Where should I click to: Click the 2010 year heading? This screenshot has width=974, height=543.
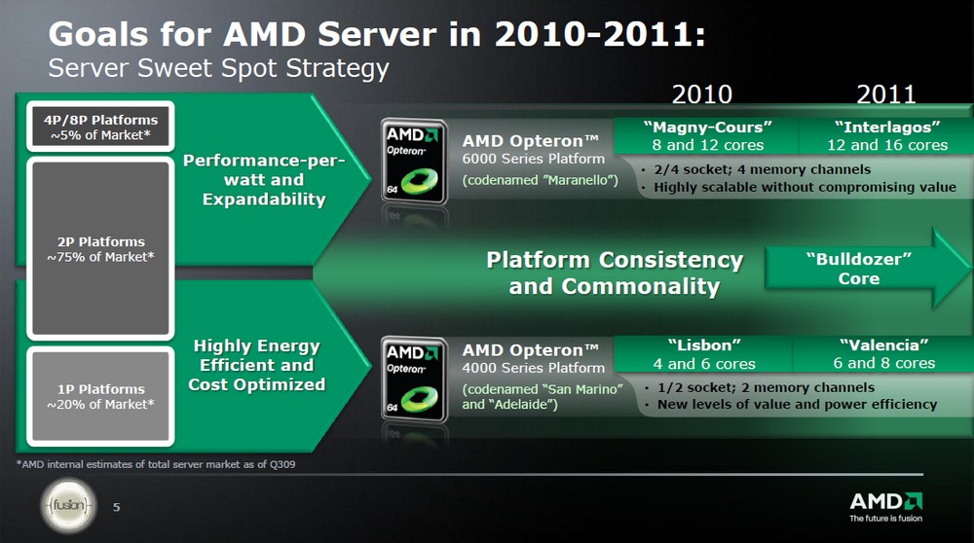coord(702,94)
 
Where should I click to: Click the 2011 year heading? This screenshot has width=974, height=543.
coord(885,94)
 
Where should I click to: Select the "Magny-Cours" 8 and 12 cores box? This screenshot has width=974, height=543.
coord(707,136)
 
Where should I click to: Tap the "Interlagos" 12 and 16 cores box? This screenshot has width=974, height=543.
coord(887,136)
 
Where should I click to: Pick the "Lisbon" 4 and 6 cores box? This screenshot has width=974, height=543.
coord(704,353)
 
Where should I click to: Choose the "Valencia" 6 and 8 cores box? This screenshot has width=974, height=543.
coord(884,353)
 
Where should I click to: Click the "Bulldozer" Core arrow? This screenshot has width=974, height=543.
coord(867,268)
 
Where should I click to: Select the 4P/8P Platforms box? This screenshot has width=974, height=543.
coord(100,127)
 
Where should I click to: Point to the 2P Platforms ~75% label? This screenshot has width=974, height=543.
coord(100,249)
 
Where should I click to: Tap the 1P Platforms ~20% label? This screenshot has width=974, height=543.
coord(100,396)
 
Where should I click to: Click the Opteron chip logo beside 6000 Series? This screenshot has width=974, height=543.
coord(414,162)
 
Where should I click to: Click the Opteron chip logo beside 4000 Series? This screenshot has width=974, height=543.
coord(414,380)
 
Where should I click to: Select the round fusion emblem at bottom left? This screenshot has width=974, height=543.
coord(69,506)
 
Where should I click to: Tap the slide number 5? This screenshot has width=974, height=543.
coord(117,508)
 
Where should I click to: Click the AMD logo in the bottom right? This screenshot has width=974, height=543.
coord(885,506)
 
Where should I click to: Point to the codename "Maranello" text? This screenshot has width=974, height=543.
coord(540,180)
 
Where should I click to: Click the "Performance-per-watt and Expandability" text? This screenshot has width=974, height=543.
coord(264,179)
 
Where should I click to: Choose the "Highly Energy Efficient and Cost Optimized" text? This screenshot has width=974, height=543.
coord(256,365)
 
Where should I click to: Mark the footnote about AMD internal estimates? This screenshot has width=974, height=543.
coord(156,464)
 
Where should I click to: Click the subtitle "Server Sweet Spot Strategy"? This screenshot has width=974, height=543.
coord(218,68)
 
